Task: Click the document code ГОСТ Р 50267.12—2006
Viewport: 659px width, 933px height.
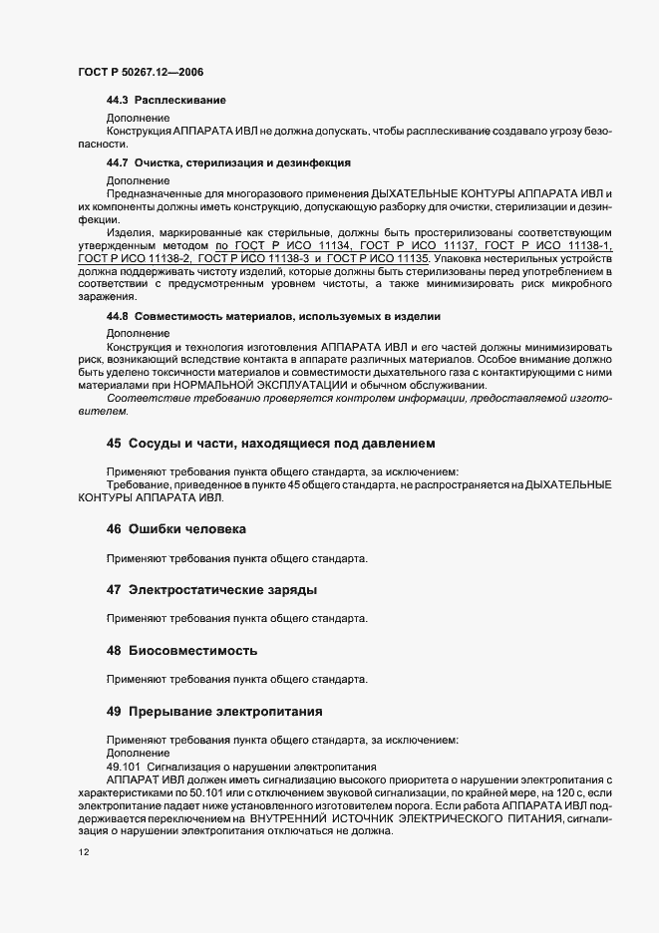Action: [140, 73]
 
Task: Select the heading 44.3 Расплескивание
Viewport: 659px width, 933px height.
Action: [165, 101]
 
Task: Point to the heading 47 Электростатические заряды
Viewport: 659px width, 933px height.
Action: [211, 590]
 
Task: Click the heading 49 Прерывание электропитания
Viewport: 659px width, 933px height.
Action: [213, 712]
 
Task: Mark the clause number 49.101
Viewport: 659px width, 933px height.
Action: [125, 765]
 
